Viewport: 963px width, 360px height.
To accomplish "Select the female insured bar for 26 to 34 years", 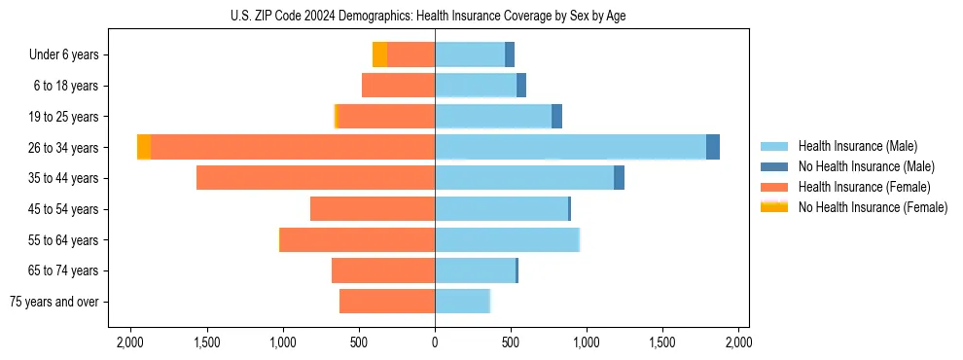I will tap(292, 147).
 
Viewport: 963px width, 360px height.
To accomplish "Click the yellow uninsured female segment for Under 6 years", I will tap(379, 54).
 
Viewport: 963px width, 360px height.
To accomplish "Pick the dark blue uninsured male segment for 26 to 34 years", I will tap(713, 147).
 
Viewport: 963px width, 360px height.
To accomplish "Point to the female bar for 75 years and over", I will tap(387, 302).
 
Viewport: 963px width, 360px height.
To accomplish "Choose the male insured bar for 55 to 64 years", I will tap(507, 239).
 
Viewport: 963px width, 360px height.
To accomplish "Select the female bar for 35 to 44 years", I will tap(315, 178).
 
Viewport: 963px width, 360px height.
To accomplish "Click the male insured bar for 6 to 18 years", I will tap(476, 86).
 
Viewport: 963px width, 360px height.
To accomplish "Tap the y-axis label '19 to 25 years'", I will tap(63, 117).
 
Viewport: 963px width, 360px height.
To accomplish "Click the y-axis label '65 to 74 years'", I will tap(63, 270).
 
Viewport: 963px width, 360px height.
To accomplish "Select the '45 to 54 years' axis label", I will tap(63, 209).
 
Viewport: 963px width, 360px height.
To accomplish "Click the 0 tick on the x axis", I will tap(435, 343).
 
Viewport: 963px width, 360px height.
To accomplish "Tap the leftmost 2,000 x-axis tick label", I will tap(130, 343).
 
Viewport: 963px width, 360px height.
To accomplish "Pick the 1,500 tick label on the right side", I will tap(662, 343).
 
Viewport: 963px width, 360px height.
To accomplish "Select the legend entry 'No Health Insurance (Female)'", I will tap(873, 207).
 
